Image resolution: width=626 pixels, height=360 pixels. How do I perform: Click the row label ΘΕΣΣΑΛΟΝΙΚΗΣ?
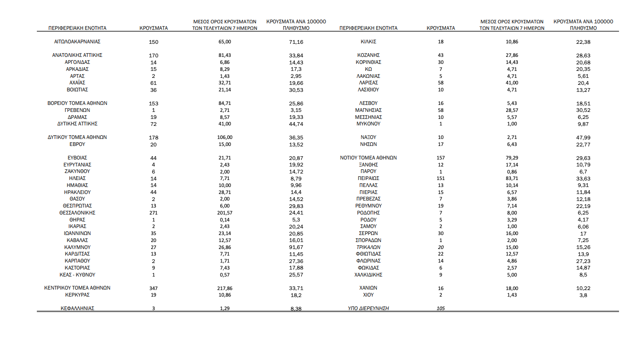tap(77, 213)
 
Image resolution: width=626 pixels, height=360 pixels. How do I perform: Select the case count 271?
tap(153, 213)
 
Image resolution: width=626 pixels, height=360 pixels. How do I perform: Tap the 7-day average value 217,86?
tap(225, 289)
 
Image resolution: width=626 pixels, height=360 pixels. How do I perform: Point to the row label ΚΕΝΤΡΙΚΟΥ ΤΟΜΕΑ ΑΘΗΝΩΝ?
tap(77, 288)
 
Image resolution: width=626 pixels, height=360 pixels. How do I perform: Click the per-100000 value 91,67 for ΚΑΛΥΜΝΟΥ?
tap(296, 247)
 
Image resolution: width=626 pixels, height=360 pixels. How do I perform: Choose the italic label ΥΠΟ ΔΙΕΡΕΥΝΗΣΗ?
tap(369, 308)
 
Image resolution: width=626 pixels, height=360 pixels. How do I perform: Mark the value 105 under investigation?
tap(441, 309)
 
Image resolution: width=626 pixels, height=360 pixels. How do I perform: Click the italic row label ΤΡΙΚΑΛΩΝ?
tap(369, 247)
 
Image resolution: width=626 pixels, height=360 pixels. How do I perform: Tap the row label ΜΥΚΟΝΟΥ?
tap(369, 124)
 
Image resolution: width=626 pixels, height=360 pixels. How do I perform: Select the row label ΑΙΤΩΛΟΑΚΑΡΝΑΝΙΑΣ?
tap(77, 42)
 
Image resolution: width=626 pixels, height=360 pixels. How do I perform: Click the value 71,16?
tap(296, 42)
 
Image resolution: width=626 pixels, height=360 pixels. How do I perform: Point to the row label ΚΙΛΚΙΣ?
tap(369, 42)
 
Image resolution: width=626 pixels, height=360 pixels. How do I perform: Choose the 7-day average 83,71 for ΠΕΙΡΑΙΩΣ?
tap(512, 179)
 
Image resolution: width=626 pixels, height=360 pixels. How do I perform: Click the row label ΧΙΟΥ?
tap(369, 295)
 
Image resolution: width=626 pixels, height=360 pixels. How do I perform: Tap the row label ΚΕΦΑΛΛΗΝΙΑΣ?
tap(77, 308)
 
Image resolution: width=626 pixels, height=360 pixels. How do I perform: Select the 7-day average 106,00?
tap(225, 138)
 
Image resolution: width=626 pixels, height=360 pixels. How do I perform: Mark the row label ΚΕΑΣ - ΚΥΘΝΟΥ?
tap(77, 275)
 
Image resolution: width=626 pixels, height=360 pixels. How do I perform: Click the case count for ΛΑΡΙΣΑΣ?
tap(441, 83)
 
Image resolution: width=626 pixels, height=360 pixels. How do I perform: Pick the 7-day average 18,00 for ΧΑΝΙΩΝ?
tap(512, 289)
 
